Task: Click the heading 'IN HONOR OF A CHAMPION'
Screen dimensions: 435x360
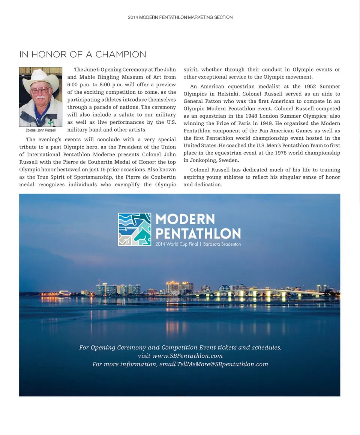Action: [83, 54]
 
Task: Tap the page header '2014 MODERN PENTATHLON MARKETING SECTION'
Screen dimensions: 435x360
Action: [180, 17]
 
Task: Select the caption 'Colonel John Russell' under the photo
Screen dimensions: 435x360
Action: [40, 130]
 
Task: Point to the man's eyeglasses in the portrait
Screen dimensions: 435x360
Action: [40, 90]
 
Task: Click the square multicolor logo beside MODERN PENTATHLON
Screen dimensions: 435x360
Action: [134, 229]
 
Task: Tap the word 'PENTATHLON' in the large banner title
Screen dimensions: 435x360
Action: [198, 234]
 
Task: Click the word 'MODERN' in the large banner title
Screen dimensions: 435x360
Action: [185, 219]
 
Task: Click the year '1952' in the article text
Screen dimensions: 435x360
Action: [309, 87]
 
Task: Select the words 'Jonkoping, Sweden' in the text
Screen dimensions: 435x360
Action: [211, 160]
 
